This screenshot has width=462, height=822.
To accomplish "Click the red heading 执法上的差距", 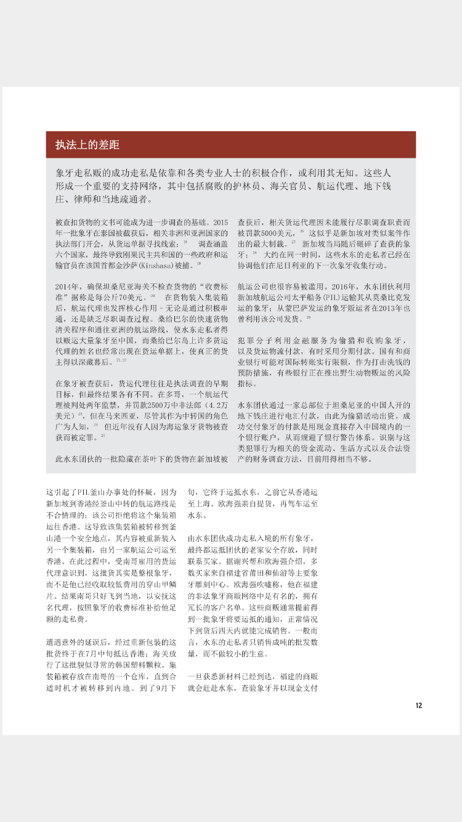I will [87, 145].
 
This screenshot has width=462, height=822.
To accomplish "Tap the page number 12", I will [418, 706].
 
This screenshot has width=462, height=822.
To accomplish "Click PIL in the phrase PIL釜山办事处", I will [85, 492].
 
